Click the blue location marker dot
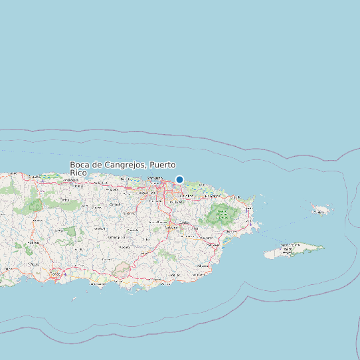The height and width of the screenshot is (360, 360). click(179, 179)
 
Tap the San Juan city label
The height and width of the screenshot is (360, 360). click(155, 178)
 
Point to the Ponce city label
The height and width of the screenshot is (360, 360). click(54, 273)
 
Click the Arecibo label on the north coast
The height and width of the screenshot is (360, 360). click(70, 179)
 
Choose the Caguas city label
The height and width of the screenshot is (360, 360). click(171, 226)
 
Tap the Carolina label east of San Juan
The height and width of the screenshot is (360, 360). click(187, 197)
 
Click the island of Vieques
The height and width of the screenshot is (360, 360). click(292, 251)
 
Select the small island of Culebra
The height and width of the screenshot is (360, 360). click(322, 211)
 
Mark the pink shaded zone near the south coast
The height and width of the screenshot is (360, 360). click(122, 270)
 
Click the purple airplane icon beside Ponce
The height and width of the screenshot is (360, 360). click(65, 274)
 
